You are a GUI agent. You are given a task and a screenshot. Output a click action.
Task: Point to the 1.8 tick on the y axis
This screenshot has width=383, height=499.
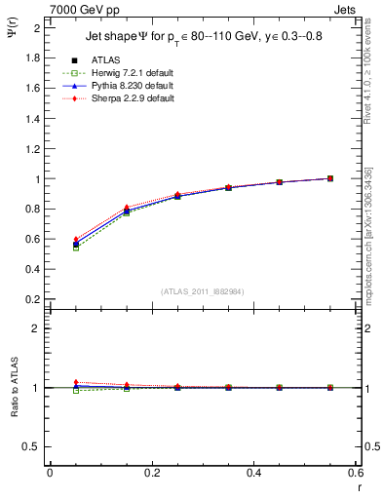(x=34, y=58)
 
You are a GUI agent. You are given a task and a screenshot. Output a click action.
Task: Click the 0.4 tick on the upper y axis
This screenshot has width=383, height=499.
(x=34, y=269)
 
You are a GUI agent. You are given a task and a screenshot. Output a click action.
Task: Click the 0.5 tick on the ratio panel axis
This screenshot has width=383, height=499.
(x=34, y=446)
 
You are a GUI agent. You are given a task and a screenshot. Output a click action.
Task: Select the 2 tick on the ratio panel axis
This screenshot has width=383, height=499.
(x=37, y=329)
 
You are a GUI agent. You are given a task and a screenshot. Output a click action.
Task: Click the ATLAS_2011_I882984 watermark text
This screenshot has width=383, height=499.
(x=202, y=291)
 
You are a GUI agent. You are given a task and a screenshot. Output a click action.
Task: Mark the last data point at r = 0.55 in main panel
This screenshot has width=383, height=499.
(x=330, y=178)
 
